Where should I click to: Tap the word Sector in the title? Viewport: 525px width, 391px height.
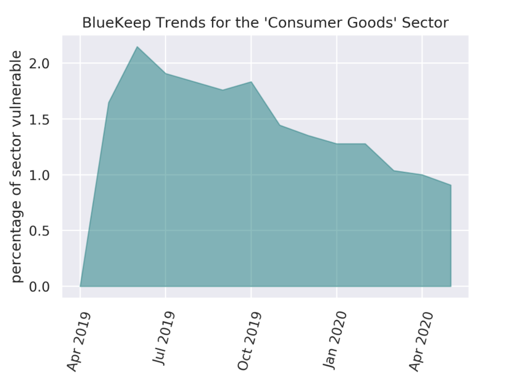[x=428, y=23]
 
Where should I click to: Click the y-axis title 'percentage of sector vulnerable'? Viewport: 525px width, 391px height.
[x=17, y=166]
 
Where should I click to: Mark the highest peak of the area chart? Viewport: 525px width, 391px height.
[x=137, y=47]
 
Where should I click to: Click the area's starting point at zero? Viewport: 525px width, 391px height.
[x=80, y=286]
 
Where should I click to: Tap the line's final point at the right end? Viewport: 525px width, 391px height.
[x=451, y=185]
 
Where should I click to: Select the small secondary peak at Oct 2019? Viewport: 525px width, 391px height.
[x=251, y=82]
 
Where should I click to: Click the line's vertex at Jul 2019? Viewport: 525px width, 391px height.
[x=166, y=73]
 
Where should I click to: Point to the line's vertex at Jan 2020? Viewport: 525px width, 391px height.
[x=336, y=144]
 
